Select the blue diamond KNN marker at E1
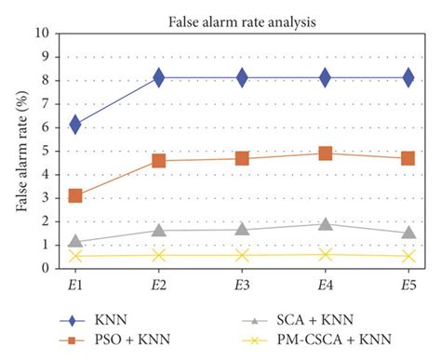click(x=75, y=124)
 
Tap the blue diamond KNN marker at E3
click(x=242, y=77)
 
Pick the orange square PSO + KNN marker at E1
click(x=75, y=195)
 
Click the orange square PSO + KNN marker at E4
click(x=326, y=153)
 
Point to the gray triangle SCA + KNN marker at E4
click(x=326, y=223)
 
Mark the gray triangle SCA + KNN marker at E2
click(x=159, y=230)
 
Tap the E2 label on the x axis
click(x=159, y=283)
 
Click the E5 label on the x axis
click(x=408, y=283)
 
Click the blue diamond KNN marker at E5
click(x=408, y=77)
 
